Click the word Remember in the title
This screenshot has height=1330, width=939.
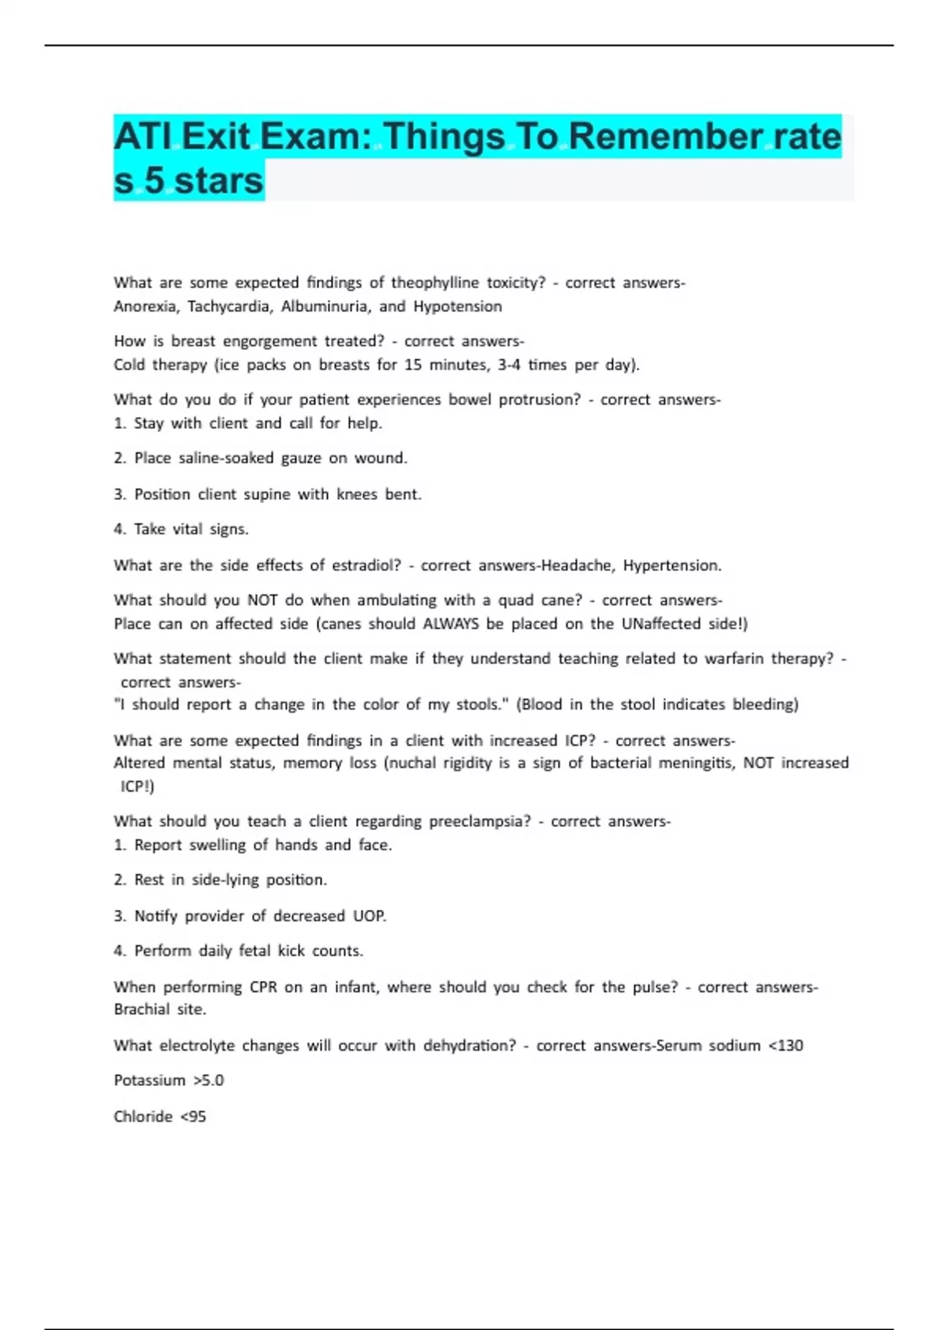coord(665,137)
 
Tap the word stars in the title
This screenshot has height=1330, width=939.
coord(218,181)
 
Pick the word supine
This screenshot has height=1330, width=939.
coord(262,494)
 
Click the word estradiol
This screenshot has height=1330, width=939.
coord(366,566)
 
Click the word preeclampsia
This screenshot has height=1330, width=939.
coord(479,821)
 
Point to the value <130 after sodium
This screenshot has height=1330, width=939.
coord(786,1046)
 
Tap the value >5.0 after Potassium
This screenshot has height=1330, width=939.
coord(208,1080)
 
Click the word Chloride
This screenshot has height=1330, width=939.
coord(143,1116)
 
